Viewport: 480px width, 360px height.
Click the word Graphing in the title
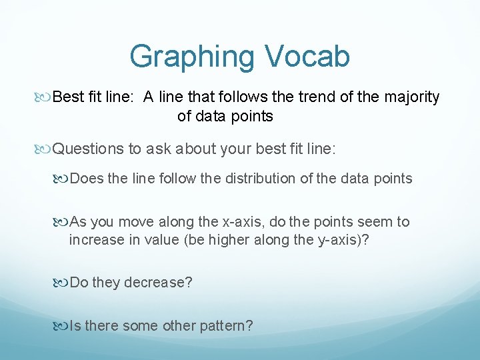point(188,57)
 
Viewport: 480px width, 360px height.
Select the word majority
point(411,97)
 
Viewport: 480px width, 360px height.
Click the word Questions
point(88,149)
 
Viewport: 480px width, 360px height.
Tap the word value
point(158,239)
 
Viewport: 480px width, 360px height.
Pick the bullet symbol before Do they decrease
point(62,283)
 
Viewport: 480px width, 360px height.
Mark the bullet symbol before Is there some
point(62,326)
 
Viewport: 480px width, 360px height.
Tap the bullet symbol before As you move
point(62,222)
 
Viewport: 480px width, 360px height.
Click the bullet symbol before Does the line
point(62,179)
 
